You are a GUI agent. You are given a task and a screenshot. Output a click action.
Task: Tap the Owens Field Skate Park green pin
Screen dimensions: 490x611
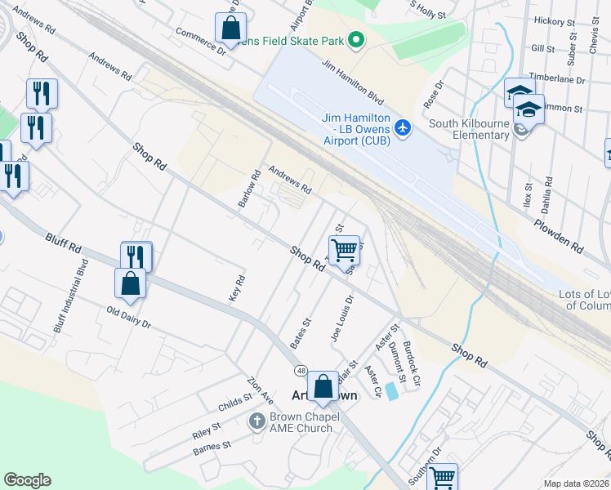[x=355, y=39]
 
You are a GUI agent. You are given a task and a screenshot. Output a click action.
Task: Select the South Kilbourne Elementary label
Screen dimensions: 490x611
[x=469, y=129]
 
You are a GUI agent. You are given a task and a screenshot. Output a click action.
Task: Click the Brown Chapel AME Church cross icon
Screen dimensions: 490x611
[x=256, y=421]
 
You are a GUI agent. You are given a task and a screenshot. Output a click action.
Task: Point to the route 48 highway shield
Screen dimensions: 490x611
[x=301, y=371]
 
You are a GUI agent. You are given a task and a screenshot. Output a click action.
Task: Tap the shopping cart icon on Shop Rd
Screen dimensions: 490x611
[x=345, y=250]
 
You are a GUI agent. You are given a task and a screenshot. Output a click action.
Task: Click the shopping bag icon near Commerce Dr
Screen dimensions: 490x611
[x=231, y=27]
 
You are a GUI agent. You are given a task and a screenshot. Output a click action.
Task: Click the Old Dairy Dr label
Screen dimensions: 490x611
[x=129, y=318]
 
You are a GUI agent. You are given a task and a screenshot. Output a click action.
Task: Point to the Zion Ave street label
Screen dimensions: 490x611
[x=261, y=390]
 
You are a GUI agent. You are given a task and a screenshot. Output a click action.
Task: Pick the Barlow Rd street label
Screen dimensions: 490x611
[x=249, y=189]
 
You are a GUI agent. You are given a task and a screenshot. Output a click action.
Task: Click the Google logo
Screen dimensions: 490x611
[x=27, y=480]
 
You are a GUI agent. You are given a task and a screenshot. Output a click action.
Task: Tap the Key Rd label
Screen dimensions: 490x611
[x=237, y=288]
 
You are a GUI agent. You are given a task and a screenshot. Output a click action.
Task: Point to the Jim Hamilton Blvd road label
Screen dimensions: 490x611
[x=353, y=82]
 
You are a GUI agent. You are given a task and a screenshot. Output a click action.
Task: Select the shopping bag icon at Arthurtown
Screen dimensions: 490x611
[x=323, y=386]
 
